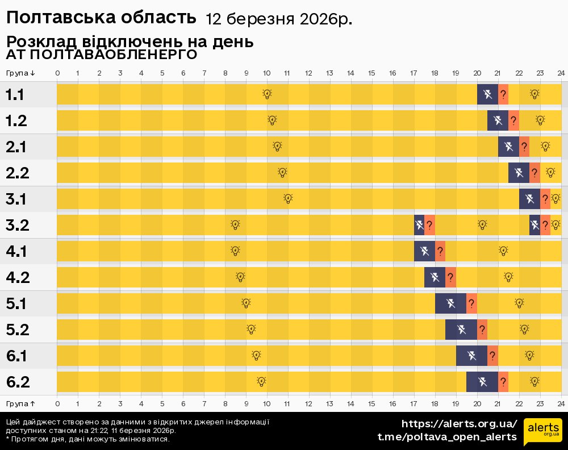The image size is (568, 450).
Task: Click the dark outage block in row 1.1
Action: [487, 94]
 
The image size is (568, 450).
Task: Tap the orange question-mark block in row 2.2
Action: [534, 173]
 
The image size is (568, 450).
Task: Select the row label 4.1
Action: [16, 251]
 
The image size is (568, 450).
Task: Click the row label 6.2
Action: [18, 382]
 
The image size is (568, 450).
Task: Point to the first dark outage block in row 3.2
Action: [419, 225]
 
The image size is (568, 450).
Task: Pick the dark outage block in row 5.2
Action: [461, 330]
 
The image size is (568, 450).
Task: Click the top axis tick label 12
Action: [308, 73]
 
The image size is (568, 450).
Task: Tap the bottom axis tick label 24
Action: [561, 403]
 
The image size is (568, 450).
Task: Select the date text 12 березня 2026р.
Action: [278, 19]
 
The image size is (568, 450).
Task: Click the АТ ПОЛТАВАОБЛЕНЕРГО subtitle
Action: [102, 55]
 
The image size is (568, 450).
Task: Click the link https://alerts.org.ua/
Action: [459, 424]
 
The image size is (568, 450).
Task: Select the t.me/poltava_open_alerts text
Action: [447, 436]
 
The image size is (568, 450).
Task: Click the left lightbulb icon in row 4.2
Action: [240, 277]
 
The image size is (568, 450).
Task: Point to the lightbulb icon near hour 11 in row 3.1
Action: [288, 199]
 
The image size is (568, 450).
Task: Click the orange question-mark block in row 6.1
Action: [492, 356]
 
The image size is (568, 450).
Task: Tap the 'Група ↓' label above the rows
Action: [20, 73]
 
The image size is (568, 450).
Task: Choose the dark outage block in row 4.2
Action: [435, 277]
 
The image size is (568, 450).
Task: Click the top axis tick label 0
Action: [57, 73]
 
